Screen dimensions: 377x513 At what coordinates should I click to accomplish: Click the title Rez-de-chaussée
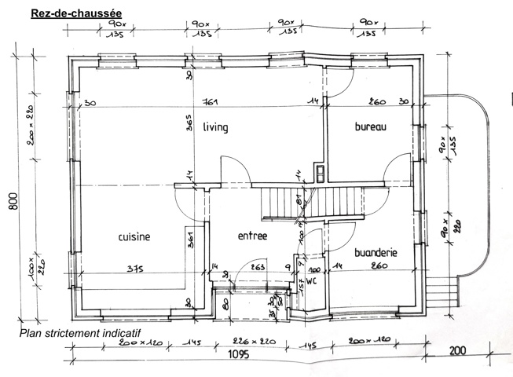(x=75, y=13)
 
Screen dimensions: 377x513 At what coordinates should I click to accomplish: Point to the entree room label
(x=252, y=236)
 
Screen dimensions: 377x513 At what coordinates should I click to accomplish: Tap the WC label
(x=310, y=280)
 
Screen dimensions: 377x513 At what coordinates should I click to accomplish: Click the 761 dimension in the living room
(x=209, y=102)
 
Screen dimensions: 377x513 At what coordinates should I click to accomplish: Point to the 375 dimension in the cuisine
(x=137, y=269)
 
